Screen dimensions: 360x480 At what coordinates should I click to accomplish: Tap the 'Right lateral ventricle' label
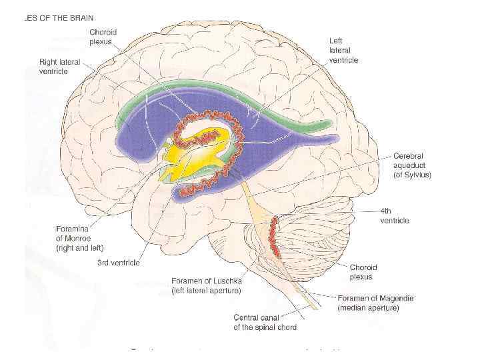pyautogui.click(x=59, y=67)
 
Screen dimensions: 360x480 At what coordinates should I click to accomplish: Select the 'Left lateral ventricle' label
pyautogui.click(x=343, y=51)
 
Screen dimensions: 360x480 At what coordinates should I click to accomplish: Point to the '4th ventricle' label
pyautogui.click(x=394, y=216)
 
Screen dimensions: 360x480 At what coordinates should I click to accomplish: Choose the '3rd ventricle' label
pyautogui.click(x=119, y=263)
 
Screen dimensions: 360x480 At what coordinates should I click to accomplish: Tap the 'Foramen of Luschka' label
pyautogui.click(x=206, y=285)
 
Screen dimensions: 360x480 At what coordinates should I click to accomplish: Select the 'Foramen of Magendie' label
pyautogui.click(x=375, y=303)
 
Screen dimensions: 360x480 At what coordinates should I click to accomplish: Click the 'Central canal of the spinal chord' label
pyautogui.click(x=265, y=322)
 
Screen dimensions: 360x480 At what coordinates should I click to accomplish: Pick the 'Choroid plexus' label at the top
pyautogui.click(x=103, y=37)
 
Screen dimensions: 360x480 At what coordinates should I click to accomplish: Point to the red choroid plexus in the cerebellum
pyautogui.click(x=273, y=237)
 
